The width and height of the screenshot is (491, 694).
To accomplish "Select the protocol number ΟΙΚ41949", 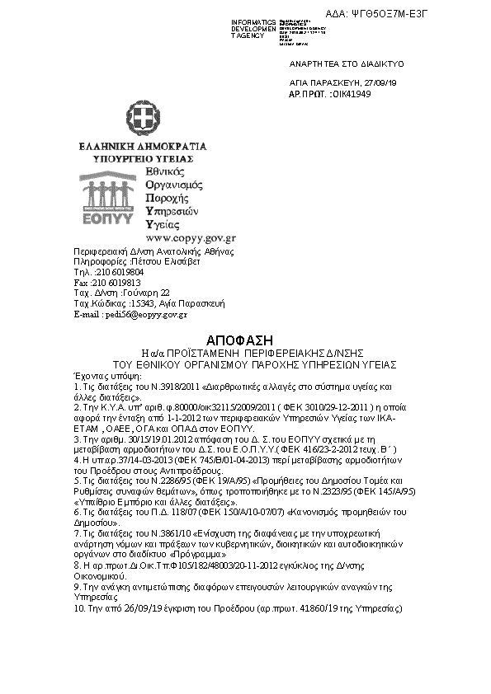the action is [351, 94].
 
